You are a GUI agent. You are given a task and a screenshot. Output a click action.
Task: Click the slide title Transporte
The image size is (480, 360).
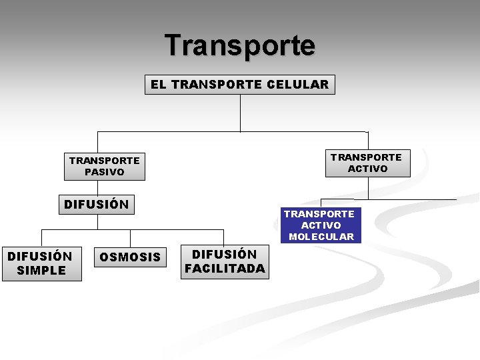[240, 45]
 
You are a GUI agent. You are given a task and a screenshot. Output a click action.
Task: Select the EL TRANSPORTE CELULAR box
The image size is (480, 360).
[240, 85]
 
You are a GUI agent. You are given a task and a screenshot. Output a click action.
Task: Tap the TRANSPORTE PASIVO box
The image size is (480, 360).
[104, 166]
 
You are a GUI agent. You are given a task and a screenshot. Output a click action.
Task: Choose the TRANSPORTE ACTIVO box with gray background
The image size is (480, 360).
[367, 163]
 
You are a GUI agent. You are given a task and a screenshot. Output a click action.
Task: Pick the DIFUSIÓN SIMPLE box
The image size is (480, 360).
[41, 263]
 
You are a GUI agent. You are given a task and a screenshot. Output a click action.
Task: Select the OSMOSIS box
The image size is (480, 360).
[130, 257]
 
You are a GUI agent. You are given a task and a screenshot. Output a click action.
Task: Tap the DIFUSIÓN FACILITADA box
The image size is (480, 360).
[225, 261]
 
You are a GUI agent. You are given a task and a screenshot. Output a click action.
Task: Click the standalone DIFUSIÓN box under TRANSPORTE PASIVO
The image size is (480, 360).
[97, 204]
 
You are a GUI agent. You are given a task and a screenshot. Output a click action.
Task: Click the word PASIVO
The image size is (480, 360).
[104, 172]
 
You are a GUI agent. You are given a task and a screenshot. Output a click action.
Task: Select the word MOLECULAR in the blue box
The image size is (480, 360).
[321, 237]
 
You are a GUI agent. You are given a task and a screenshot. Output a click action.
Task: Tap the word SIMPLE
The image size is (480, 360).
[41, 270]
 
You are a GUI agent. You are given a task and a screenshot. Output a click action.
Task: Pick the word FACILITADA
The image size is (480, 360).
[225, 269]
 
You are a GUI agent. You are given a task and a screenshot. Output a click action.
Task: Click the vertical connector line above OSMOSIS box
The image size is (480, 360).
[130, 239]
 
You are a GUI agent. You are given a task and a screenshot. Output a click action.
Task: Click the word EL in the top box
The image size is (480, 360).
[158, 85]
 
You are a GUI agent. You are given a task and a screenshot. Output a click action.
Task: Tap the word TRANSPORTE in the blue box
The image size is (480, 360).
[319, 214]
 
